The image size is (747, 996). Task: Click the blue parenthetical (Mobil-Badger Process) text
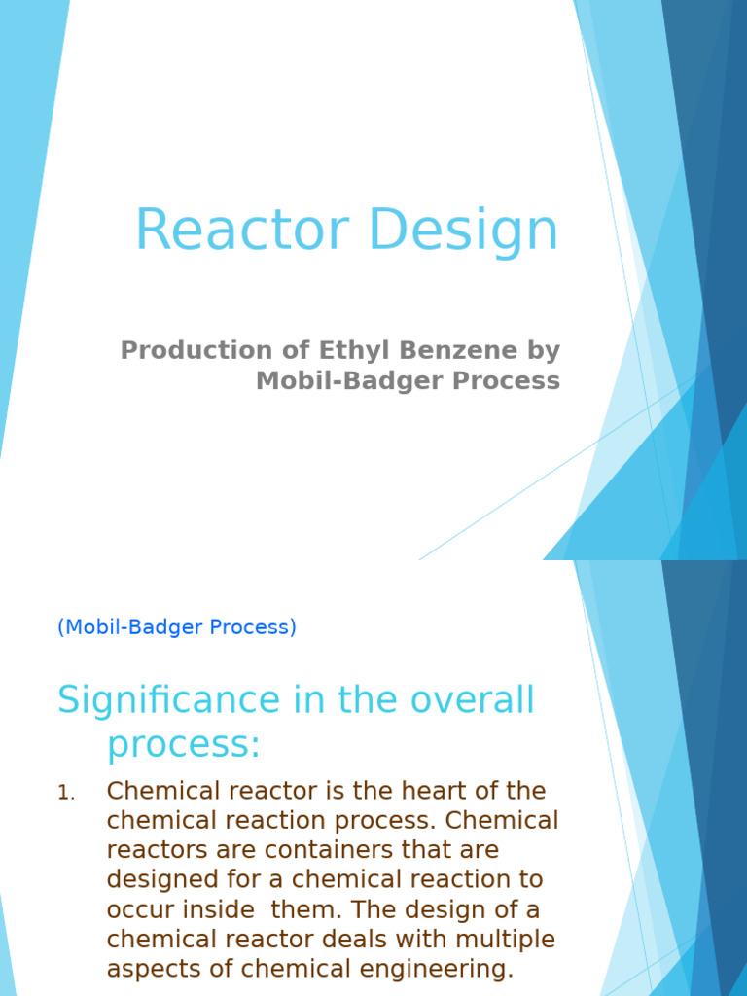[x=177, y=627]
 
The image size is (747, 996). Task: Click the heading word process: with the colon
[x=184, y=745]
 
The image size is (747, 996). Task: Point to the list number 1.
[x=65, y=794]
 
